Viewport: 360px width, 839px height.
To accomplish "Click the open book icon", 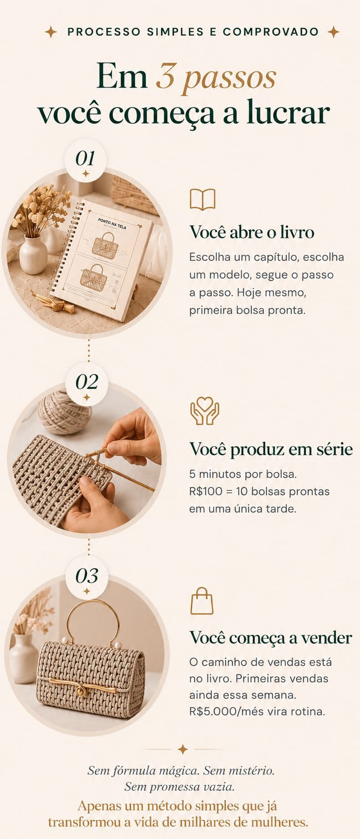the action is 203,199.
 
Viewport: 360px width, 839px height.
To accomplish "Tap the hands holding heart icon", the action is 204,411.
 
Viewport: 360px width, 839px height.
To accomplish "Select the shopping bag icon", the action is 202,601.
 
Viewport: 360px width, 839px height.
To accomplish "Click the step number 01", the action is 85,158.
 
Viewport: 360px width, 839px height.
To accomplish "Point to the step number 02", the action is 86,382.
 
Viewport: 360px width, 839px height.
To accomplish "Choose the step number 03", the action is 86,576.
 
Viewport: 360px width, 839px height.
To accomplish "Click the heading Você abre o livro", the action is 252,232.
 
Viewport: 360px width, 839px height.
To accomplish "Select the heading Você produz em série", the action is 271,449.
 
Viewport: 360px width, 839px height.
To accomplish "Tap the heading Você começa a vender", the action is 271,637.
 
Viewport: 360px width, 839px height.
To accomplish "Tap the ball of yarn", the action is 64,412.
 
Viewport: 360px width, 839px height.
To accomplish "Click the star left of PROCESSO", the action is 51,32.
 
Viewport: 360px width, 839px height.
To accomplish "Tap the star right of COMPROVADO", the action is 334,32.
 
